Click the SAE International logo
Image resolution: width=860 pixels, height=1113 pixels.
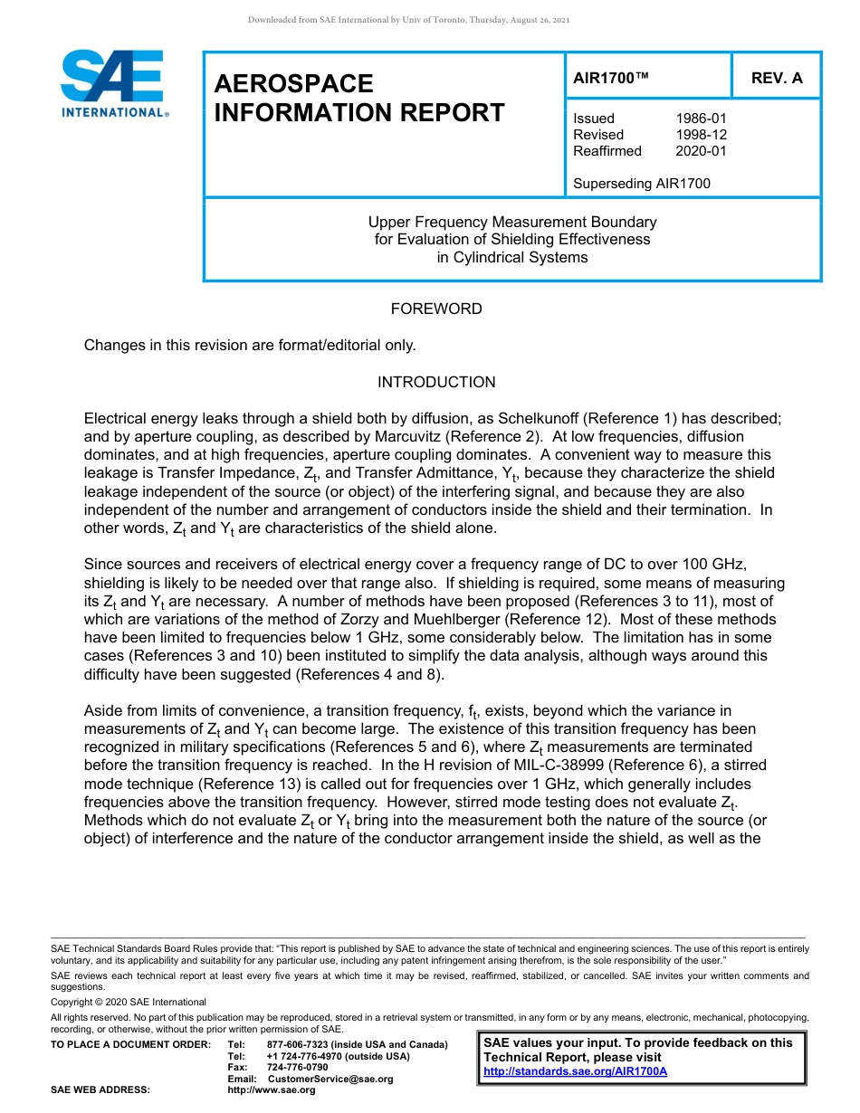pos(113,83)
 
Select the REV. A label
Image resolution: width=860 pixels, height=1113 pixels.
pos(777,78)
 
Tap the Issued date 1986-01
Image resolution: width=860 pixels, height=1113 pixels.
pos(701,119)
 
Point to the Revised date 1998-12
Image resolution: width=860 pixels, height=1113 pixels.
pos(701,135)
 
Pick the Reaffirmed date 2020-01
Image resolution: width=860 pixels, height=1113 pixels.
pos(701,151)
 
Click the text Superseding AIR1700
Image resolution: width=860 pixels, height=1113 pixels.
pos(641,184)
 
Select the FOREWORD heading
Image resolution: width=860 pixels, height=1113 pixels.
pos(436,309)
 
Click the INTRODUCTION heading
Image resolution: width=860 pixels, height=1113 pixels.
pos(436,382)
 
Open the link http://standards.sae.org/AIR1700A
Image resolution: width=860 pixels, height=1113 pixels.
pos(575,1071)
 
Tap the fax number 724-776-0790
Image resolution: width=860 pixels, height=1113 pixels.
pos(297,1068)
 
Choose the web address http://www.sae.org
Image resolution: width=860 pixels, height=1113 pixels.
pos(272,1089)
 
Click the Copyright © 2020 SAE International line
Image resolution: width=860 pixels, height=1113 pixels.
pos(129,1002)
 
